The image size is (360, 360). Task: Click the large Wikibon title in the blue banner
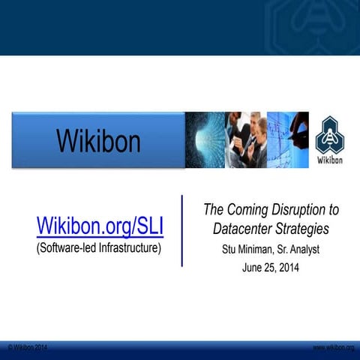[x=98, y=140]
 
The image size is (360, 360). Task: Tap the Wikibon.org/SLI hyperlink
[x=100, y=226]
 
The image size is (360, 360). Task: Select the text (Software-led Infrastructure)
[x=99, y=247]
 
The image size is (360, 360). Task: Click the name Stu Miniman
[x=248, y=249]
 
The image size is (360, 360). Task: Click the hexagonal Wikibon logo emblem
[x=330, y=135]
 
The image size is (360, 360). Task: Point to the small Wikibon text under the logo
[x=331, y=159]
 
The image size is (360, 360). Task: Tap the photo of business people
[x=245, y=140]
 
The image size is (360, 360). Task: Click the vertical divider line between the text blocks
[x=181, y=230]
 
